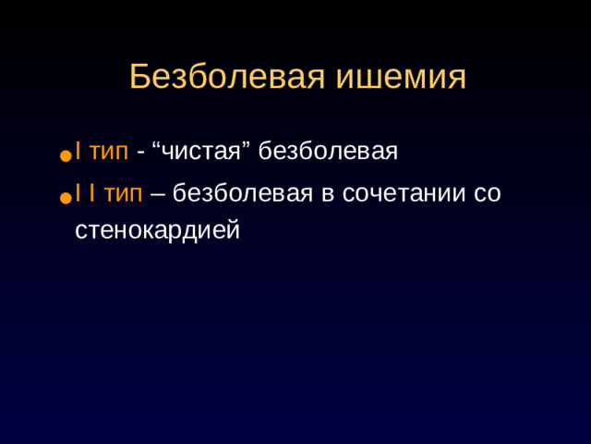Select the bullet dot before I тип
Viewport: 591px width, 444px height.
click(65, 157)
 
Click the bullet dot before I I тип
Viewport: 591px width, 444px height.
click(65, 199)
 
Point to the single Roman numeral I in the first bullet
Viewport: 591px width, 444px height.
click(78, 150)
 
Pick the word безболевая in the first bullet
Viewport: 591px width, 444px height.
click(327, 150)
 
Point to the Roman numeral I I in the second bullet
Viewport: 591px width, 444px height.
click(84, 193)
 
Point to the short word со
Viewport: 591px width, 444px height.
click(486, 195)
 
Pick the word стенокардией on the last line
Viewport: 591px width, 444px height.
click(157, 228)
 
